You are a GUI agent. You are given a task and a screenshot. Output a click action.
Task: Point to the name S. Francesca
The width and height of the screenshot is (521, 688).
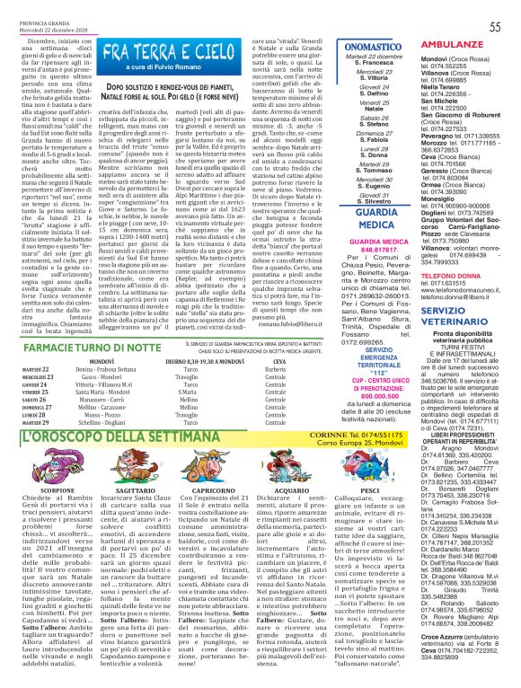point(373,75)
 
